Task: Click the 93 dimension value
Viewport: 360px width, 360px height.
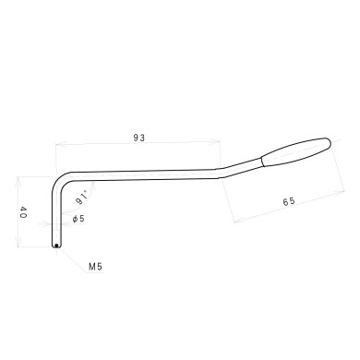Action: [x=139, y=137]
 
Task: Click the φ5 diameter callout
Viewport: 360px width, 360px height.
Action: [x=78, y=219]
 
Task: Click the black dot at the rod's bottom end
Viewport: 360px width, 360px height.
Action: [x=56, y=246]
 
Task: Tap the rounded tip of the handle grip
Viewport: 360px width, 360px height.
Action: [x=330, y=141]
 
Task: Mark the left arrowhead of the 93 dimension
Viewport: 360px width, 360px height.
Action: [x=58, y=146]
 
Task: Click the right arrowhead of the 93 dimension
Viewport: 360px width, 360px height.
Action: [x=219, y=141]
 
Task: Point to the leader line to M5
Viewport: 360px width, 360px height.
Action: [x=72, y=258]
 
